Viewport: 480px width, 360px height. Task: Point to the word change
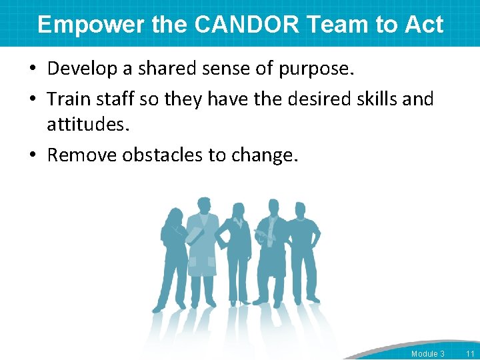[x=267, y=155]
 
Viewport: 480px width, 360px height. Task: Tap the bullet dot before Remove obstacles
[x=34, y=155]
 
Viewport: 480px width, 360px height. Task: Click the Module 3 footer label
[x=427, y=353]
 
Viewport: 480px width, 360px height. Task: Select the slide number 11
[x=470, y=353]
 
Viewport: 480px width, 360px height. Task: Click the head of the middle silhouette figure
[x=238, y=210]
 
